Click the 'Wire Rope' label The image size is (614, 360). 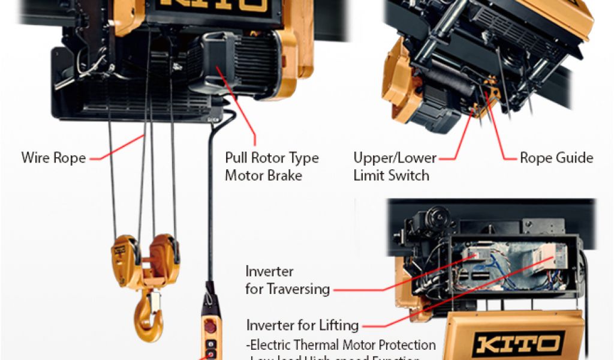click(x=53, y=158)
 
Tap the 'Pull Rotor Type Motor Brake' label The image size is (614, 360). click(x=272, y=167)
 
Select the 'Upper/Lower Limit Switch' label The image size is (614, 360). click(x=395, y=167)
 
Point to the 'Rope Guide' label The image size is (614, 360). click(x=556, y=158)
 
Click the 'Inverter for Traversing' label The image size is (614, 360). click(x=287, y=280)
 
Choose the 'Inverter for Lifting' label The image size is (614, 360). click(x=302, y=326)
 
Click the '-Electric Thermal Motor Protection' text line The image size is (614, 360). click(x=341, y=345)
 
